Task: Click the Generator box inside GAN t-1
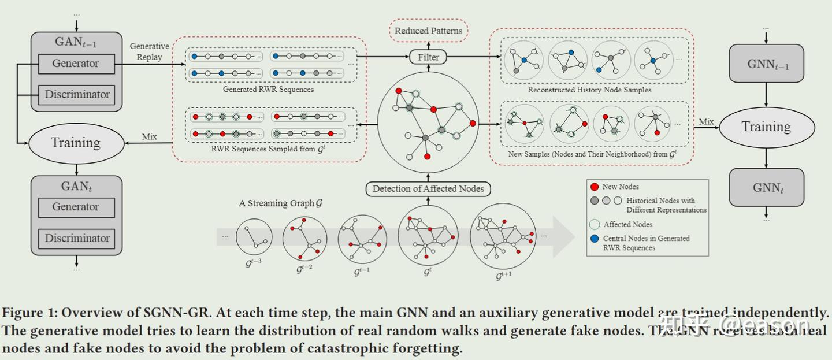tap(76, 64)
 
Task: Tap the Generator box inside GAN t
tap(76, 207)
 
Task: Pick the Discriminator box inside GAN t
tap(77, 238)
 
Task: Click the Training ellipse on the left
tap(76, 143)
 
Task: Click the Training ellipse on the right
tap(766, 127)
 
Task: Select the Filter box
tap(428, 57)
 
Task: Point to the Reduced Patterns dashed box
tap(428, 31)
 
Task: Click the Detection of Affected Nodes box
tap(428, 189)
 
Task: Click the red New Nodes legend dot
tap(594, 187)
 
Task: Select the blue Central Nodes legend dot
tap(594, 239)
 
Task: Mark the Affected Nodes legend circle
tap(594, 224)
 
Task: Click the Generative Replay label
tap(149, 51)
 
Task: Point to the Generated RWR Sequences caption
tap(268, 90)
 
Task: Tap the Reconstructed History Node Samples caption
tap(589, 90)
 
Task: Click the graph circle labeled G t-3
tap(254, 237)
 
